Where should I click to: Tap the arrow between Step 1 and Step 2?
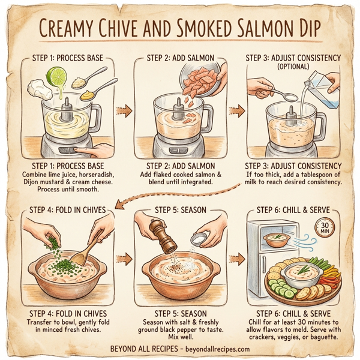point(124,111)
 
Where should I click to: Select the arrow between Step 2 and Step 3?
point(238,111)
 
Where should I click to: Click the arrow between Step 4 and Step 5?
point(124,259)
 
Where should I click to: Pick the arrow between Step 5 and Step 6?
point(238,259)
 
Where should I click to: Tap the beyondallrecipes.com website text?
point(209,349)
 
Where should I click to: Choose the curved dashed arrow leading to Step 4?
point(180,195)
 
